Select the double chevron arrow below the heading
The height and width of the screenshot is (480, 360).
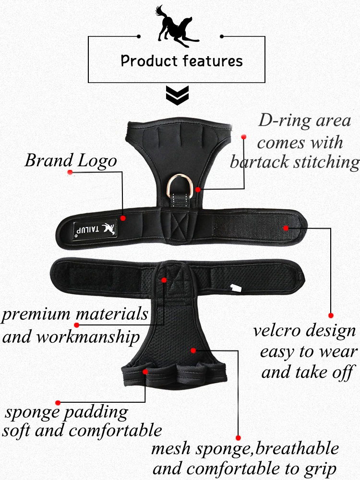[x=177, y=96]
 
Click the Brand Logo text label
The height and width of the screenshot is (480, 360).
[x=71, y=160]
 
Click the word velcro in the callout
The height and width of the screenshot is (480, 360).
[x=277, y=331]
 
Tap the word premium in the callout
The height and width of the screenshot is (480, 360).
[x=36, y=315]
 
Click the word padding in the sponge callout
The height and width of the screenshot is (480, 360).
[x=96, y=413]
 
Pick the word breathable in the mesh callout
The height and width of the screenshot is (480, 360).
[x=297, y=448]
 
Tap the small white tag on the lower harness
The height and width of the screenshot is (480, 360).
[x=236, y=288]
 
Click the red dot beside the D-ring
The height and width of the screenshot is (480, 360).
[x=198, y=190]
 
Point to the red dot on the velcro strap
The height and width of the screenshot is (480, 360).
[x=286, y=228]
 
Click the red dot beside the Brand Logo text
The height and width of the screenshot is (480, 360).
[x=70, y=172]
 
